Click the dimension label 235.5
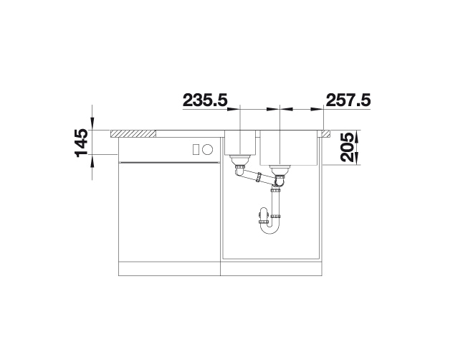[x=205, y=100]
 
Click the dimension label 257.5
[x=348, y=100]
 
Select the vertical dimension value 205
[x=347, y=148]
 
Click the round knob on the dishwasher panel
[x=208, y=148]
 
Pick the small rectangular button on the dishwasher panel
[x=196, y=148]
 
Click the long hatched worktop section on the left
[x=133, y=134]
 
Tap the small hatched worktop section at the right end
[x=326, y=133]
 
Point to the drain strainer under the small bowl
[x=240, y=161]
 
